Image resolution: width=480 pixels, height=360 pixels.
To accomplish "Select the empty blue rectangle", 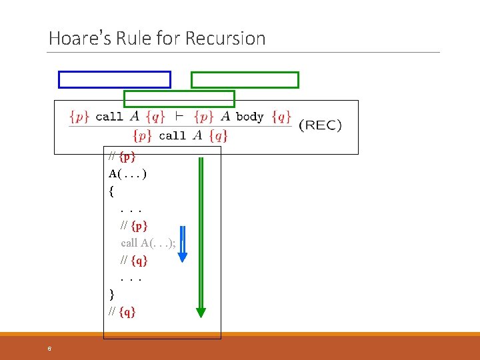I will (x=115, y=79).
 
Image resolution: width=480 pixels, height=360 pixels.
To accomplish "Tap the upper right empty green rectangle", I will (x=245, y=80).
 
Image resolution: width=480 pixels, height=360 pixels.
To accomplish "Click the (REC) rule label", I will (x=320, y=125).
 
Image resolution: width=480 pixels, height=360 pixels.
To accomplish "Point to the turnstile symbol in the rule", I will (x=179, y=116).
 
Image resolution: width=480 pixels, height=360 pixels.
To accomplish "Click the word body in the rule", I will (x=250, y=117).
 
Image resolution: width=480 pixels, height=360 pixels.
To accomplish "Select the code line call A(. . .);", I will (x=149, y=243).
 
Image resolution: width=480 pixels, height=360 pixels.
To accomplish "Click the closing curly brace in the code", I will (x=111, y=294).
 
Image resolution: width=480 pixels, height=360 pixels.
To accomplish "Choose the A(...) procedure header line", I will (x=127, y=174).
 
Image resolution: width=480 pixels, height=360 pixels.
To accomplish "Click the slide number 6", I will (x=49, y=349).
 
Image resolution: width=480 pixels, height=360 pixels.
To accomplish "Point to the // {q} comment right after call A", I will (x=134, y=260).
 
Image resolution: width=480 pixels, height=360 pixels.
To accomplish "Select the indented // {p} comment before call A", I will (x=134, y=225).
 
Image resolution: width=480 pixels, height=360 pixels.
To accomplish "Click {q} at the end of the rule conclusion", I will (x=218, y=136).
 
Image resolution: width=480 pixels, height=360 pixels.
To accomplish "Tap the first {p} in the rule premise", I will (x=79, y=116).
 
